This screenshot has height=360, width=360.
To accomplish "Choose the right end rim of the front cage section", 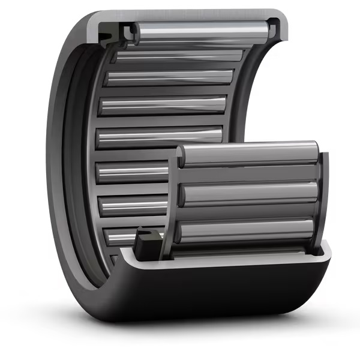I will point(324,198).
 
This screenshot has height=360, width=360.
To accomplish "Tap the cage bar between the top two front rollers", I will point(249,174).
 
